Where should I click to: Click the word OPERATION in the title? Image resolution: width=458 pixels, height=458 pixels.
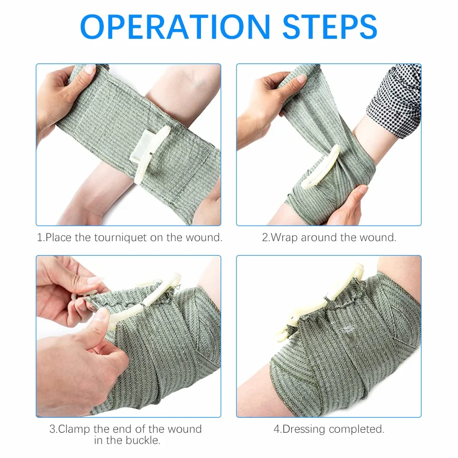point(175,27)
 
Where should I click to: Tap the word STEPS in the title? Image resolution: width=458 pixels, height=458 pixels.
point(330,27)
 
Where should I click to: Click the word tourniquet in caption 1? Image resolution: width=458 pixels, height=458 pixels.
point(121,237)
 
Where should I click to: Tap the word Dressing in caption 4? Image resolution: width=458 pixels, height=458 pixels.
point(304,429)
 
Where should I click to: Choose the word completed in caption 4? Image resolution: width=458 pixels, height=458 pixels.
point(356,429)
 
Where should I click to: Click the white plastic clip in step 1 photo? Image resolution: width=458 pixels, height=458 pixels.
point(149,152)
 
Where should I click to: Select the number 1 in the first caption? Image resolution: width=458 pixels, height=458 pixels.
point(40,237)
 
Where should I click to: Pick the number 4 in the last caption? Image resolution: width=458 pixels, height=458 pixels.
point(277,429)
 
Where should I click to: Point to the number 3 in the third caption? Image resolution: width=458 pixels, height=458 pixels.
point(52,429)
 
